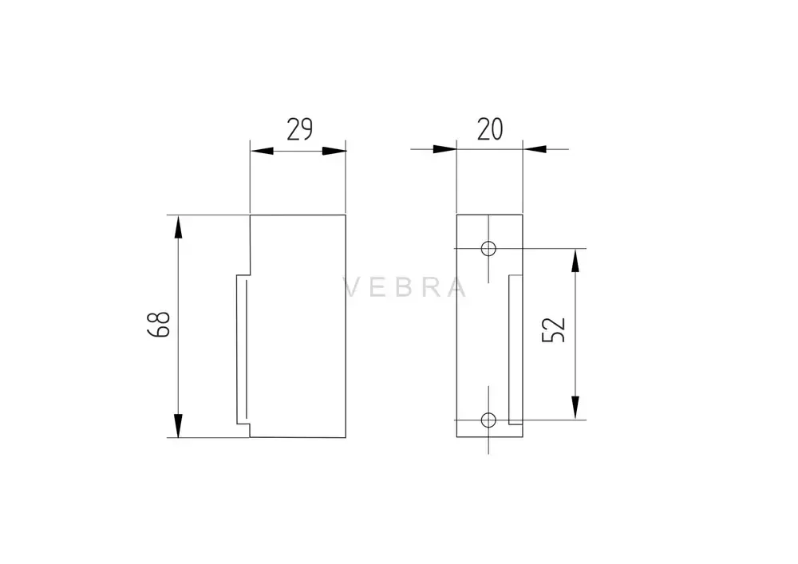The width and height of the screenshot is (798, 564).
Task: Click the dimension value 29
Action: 299,129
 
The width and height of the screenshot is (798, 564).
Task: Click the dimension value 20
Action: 489,129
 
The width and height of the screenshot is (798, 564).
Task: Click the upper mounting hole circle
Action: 488,248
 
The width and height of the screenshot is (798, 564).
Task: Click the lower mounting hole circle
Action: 488,419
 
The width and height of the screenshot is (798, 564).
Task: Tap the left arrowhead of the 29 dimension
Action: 263,150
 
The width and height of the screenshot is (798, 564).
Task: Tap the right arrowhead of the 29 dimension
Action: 334,150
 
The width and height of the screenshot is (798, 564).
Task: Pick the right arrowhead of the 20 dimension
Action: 535,149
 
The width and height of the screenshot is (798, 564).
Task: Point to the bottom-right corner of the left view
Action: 346,437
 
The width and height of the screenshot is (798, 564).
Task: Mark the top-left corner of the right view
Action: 456,215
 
